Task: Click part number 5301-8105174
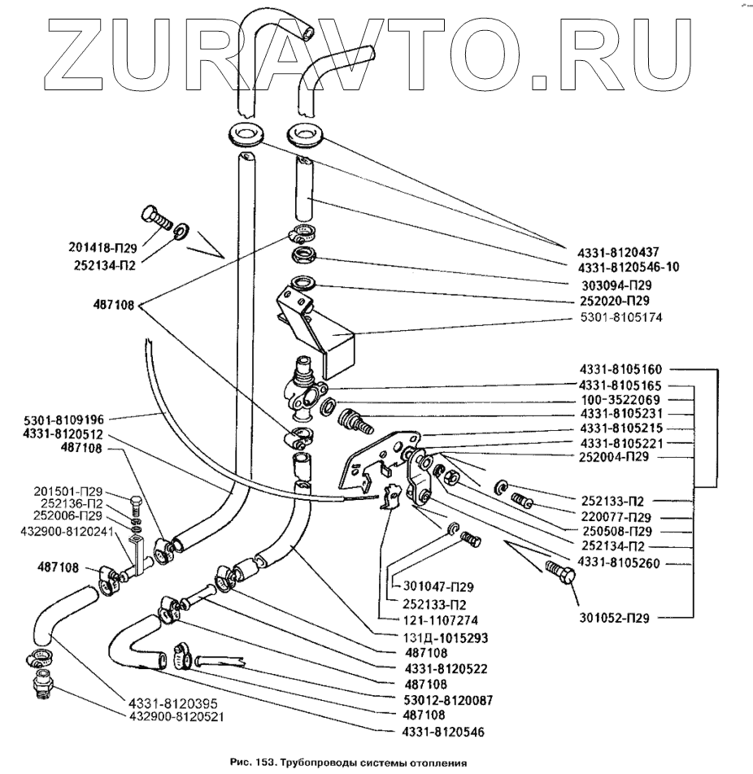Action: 621,317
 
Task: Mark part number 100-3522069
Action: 620,400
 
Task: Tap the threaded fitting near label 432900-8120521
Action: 41,686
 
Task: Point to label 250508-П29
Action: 620,530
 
